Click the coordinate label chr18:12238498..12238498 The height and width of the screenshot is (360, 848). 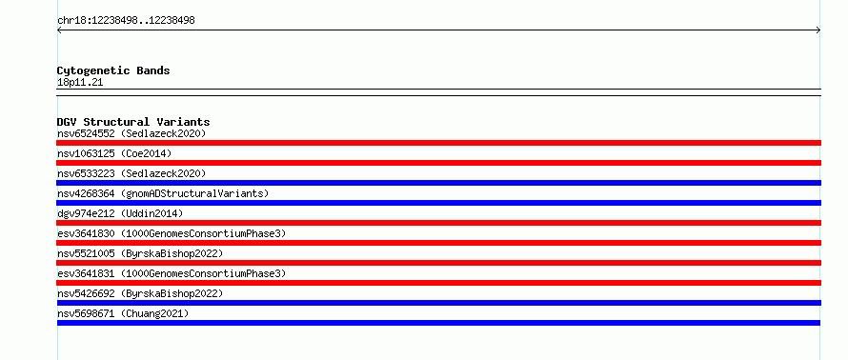(126, 21)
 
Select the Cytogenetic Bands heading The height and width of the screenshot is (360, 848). (113, 70)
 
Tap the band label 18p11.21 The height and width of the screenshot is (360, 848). (80, 83)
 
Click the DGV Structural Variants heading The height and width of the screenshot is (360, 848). (133, 122)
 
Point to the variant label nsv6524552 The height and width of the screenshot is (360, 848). (86, 133)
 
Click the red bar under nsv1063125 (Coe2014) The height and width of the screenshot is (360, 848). (438, 163)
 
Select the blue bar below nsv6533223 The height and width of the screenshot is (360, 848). (438, 183)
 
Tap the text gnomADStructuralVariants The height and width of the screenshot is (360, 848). (194, 193)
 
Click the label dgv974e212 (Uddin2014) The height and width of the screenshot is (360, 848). (121, 213)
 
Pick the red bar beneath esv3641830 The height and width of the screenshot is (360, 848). (438, 243)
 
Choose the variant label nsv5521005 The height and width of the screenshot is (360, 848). (86, 253)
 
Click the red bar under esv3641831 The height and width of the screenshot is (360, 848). (438, 283)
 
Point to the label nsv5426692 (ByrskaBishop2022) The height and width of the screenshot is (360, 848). (140, 293)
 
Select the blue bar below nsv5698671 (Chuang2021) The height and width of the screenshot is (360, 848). (438, 323)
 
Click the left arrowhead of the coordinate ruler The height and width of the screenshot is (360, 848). (58, 30)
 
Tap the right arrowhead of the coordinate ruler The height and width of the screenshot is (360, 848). (819, 30)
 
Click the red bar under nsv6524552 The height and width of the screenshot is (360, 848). (438, 143)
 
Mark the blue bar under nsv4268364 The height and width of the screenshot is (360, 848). (438, 203)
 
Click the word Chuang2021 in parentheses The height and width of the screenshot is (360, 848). (154, 313)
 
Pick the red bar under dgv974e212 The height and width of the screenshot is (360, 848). (438, 223)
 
